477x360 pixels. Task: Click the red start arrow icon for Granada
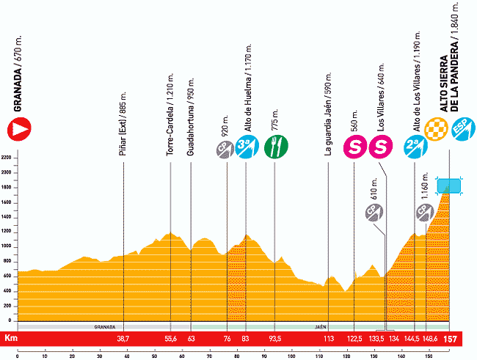click(18, 131)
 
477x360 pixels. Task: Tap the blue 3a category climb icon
click(245, 147)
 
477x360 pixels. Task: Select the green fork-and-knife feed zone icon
click(274, 147)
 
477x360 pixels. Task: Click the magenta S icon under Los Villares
click(380, 147)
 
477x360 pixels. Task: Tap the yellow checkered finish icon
click(437, 128)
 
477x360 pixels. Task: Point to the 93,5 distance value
click(274, 339)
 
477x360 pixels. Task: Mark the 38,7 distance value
click(123, 339)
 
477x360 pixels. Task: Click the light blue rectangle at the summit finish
click(448, 185)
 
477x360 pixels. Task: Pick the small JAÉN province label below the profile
click(321, 326)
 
